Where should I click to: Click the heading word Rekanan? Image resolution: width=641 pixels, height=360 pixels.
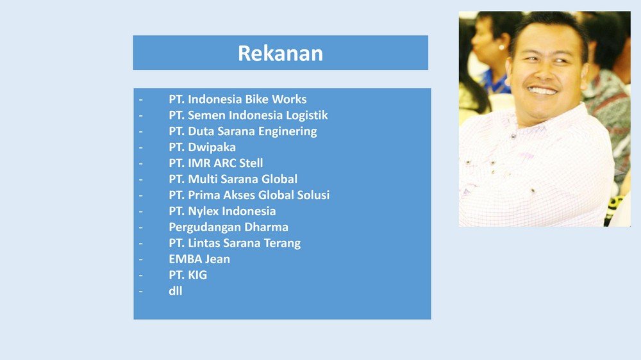click(281, 53)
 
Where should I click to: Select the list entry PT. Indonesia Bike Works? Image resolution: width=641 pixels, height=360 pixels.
click(238, 99)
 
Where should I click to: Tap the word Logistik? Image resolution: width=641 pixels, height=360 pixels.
click(306, 116)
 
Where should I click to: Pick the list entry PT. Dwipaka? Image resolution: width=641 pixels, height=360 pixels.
click(202, 147)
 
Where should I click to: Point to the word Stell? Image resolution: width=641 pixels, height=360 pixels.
click(251, 163)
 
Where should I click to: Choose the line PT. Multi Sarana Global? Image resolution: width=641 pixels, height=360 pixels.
click(233, 179)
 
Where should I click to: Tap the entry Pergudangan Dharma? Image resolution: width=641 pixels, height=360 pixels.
click(229, 227)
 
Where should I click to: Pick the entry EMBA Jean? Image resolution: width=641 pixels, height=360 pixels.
click(199, 259)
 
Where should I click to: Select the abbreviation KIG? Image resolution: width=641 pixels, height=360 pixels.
click(197, 275)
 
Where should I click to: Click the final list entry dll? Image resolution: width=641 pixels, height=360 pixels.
click(176, 291)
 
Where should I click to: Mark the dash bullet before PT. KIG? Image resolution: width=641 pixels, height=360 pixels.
click(140, 275)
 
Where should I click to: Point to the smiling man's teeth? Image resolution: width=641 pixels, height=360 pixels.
click(542, 91)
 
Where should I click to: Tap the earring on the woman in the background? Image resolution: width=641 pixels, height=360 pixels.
click(502, 47)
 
